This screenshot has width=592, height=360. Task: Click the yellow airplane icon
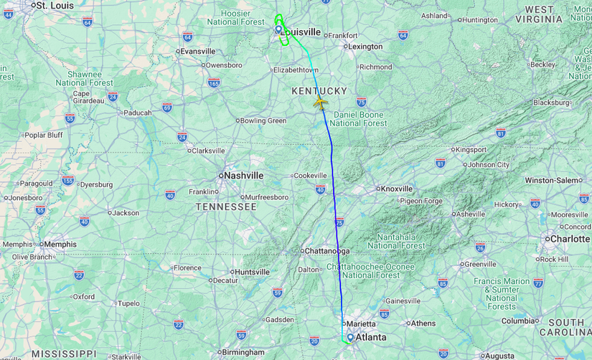click(320, 102)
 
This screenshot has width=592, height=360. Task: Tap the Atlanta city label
click(371, 337)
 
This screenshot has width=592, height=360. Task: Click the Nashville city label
click(244, 176)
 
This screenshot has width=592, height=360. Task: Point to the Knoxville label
click(397, 189)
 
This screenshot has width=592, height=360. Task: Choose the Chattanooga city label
click(327, 251)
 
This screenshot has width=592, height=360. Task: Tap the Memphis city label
click(60, 244)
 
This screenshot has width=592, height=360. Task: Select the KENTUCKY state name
click(319, 91)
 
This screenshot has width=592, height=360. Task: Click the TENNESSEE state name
click(226, 207)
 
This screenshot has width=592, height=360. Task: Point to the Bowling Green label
click(263, 120)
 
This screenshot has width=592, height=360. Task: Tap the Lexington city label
click(365, 47)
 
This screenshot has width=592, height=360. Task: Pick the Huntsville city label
click(252, 272)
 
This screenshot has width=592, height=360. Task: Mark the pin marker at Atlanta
click(349, 336)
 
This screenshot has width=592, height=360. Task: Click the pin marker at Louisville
click(278, 30)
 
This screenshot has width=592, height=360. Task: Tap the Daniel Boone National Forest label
click(358, 119)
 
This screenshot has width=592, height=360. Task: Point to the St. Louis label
click(55, 6)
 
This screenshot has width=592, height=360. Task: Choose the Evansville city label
click(198, 51)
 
